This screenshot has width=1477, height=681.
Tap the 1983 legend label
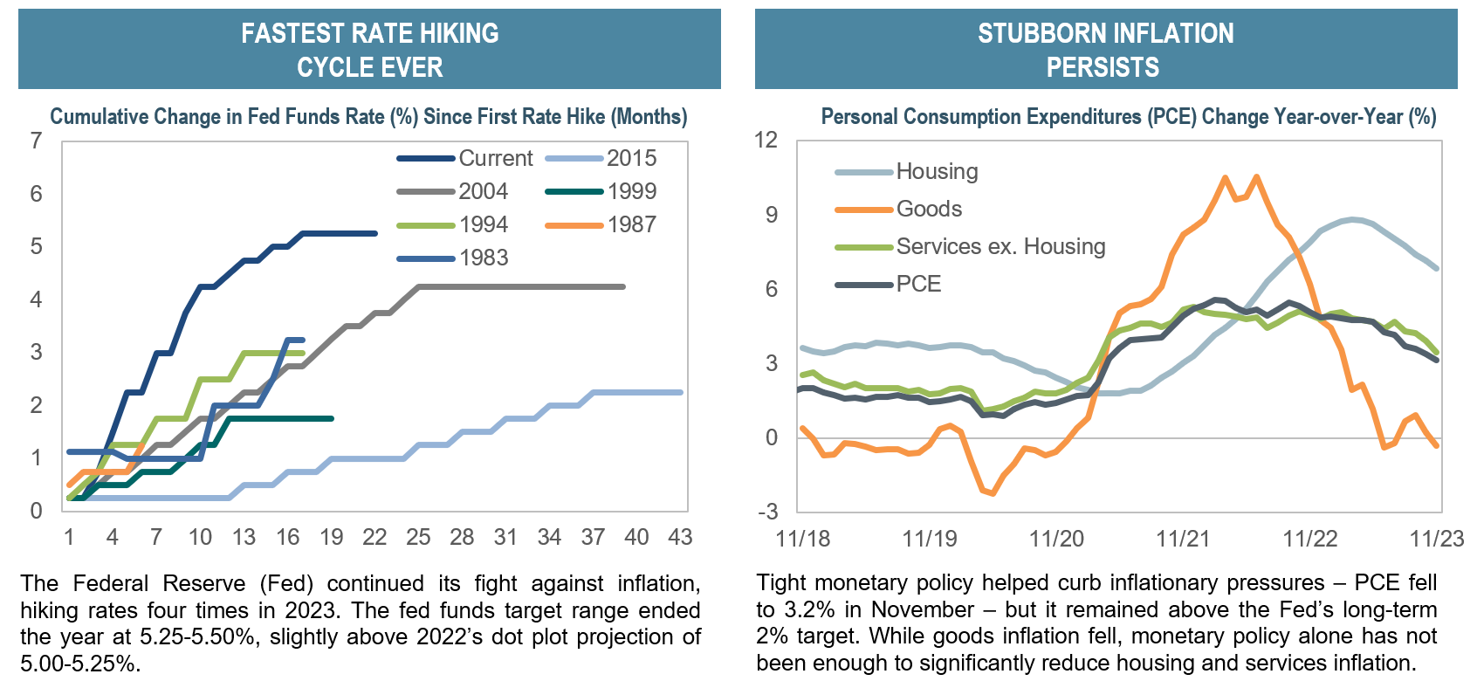point(484,258)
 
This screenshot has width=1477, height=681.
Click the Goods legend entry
point(929,210)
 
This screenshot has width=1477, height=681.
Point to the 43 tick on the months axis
point(680,538)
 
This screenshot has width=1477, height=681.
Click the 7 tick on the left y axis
point(36,141)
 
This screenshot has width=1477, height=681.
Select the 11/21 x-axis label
point(1183,539)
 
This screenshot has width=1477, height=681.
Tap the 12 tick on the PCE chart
point(766,141)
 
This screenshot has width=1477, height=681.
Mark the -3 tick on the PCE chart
point(767,512)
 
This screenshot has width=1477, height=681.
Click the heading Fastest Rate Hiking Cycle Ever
point(369,50)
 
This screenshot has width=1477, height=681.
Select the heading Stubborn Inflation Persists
point(1105,50)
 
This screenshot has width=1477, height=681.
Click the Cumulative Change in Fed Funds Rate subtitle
point(368,117)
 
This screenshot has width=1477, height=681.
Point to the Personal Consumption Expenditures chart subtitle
point(1128,117)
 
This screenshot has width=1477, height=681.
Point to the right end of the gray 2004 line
point(623,286)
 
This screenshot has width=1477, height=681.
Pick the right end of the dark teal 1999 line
point(332,418)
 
